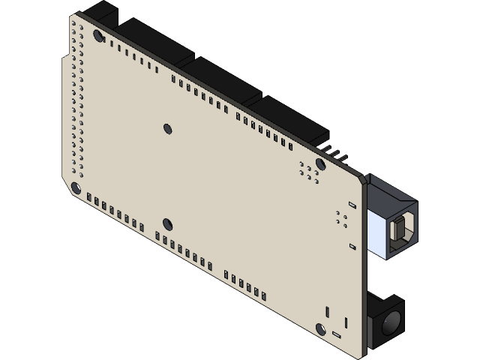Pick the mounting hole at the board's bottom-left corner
click(x=76, y=187)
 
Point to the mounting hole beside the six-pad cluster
click(x=320, y=163)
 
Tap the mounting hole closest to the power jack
click(x=321, y=328)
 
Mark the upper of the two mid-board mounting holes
click(x=166, y=127)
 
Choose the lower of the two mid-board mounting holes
click(x=166, y=223)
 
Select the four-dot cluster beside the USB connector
click(x=341, y=217)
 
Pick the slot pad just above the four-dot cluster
click(x=352, y=203)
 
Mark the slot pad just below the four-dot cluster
click(x=352, y=245)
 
